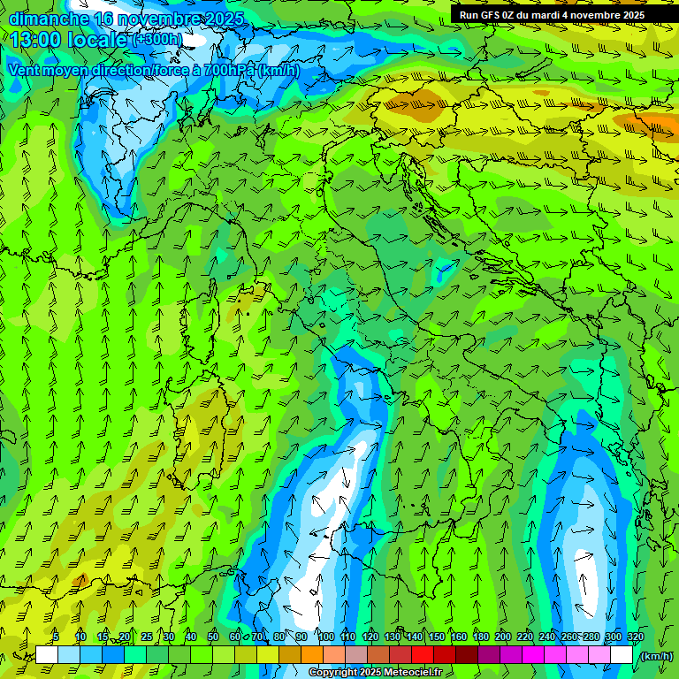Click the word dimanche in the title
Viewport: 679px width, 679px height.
49,17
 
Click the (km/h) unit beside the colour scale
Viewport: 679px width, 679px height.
655,656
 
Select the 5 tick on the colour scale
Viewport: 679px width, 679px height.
56,637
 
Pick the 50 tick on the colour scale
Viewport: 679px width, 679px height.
213,637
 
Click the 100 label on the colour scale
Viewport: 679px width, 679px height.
325,637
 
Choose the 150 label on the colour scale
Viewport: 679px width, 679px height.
437,637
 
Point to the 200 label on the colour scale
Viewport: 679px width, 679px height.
503,637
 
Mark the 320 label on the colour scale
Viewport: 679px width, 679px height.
635,637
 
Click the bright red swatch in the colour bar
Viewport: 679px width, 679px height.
423,655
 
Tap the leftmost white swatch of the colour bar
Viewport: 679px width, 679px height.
47,655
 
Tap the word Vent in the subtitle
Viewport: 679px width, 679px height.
27,70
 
